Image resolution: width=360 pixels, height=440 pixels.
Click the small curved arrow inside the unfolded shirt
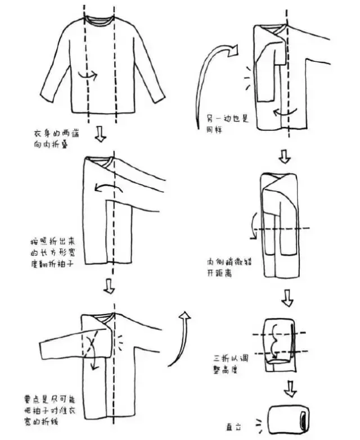click(87, 75)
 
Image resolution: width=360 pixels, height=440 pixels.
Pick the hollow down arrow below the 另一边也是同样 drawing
click(283, 155)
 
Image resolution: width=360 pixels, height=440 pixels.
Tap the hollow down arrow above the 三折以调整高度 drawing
click(287, 297)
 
